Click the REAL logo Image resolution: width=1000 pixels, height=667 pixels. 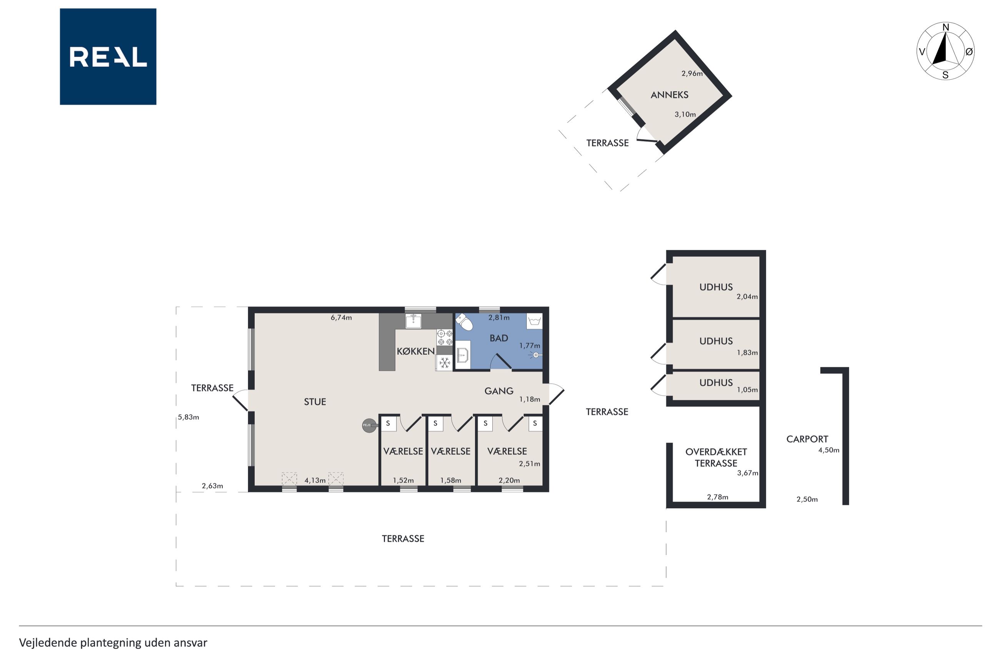click(108, 57)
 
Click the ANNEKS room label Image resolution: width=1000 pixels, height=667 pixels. click(669, 95)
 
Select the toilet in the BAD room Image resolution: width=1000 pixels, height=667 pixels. click(464, 322)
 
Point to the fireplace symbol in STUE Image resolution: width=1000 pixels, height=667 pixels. click(369, 425)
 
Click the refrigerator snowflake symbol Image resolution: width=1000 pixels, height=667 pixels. click(445, 363)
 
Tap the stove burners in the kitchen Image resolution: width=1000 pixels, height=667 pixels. click(445, 337)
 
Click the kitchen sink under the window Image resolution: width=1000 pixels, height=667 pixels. click(413, 321)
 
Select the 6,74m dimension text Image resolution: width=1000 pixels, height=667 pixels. click(341, 318)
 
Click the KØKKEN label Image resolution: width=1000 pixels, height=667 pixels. click(416, 351)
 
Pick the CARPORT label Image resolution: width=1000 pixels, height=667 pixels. click(807, 439)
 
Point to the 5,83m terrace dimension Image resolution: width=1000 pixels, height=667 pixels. click(188, 417)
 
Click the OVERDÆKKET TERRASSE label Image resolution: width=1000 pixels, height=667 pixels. click(716, 457)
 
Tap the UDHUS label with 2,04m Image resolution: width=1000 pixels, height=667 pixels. click(716, 287)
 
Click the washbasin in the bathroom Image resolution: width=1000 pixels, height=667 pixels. click(463, 354)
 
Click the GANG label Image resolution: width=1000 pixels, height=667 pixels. click(499, 391)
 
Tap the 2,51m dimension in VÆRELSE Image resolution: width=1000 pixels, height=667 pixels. click(530, 464)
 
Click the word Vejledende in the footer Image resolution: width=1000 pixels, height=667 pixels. click(48, 643)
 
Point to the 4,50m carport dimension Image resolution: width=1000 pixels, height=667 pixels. click(829, 450)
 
